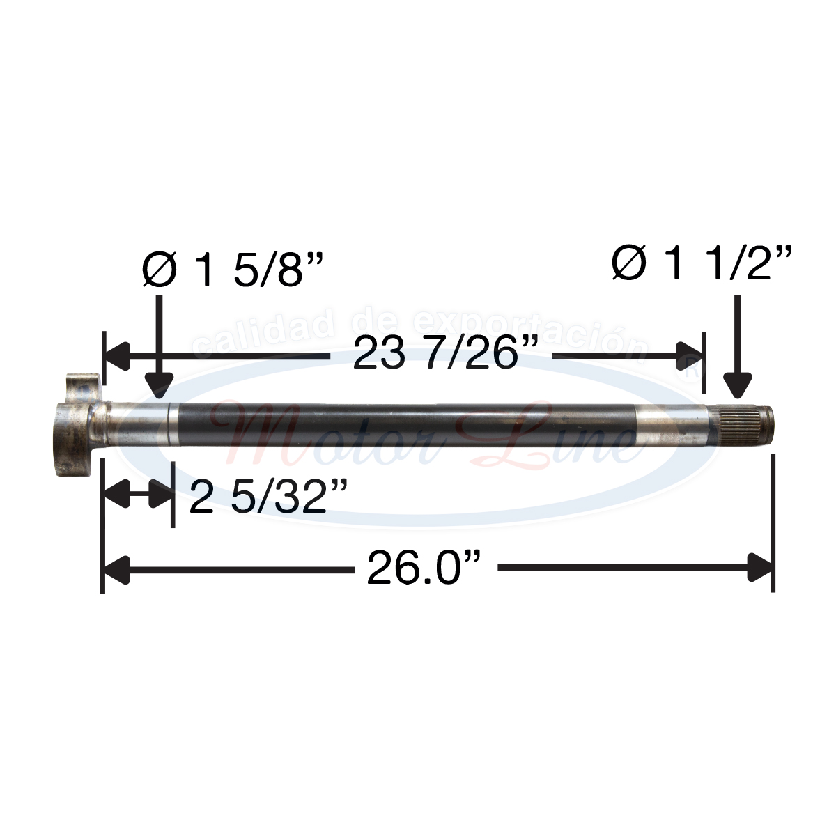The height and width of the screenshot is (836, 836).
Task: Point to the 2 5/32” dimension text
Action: pos(268,496)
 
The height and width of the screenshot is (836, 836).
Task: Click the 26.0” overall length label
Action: pos(424,569)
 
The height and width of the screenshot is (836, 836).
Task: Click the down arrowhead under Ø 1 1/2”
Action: pos(737,383)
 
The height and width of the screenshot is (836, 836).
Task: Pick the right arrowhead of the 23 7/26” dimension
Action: pos(690,356)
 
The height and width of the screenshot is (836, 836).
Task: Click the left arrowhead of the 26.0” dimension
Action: pos(116,568)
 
